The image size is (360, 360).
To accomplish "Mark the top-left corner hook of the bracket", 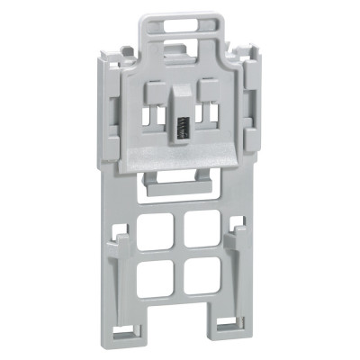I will (108, 54).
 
